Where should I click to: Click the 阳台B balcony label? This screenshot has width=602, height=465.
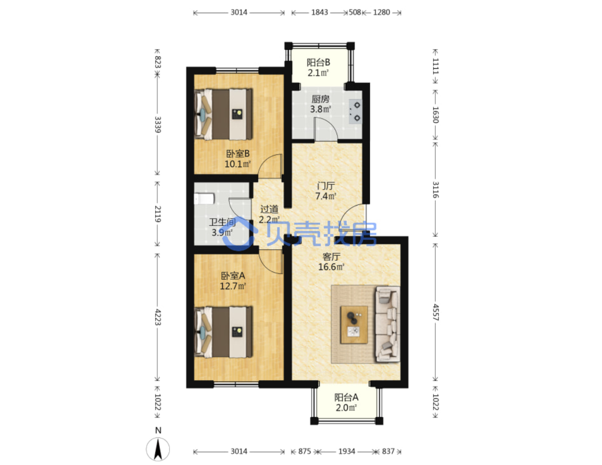coord(318,63)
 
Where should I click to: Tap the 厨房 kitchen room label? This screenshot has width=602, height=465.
coord(320,99)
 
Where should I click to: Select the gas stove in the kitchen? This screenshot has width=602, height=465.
coord(355,112)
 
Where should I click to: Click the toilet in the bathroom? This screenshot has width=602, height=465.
coord(204,199)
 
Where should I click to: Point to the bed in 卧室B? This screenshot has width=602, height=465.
coord(223,114)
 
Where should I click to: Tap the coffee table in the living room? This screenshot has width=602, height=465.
coord(354,325)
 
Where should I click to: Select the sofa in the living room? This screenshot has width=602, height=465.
coord(387,324)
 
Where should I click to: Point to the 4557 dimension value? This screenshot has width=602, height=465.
coord(436,312)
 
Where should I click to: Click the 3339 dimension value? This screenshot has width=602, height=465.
coord(157,125)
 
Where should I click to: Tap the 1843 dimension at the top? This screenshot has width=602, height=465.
coord(320,13)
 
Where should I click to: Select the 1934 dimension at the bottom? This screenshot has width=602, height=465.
coord(347,451)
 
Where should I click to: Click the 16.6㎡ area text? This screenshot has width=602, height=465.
coord(331,267)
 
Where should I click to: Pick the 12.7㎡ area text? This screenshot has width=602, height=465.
coord(232,286)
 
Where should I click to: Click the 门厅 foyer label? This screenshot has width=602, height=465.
coord(326,186)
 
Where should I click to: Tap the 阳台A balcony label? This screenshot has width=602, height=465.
coord(346,397)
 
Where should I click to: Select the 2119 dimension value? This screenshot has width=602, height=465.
coord(157,214)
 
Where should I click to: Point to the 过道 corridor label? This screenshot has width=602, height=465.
coord(269,209)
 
